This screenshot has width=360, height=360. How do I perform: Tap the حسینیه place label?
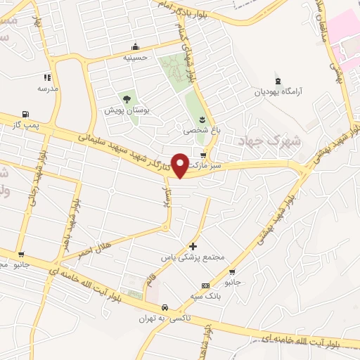coord(135,58)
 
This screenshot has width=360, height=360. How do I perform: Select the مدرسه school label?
coord(47,89)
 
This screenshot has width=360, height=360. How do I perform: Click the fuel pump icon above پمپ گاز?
coord(26,114)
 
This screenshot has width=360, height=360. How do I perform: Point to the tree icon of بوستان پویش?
coord(127,99)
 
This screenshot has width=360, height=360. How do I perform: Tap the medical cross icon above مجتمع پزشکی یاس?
coord(193,247)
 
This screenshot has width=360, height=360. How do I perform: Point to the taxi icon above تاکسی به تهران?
coord(164,307)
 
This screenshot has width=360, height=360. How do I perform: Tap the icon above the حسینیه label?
coord(135,47)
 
